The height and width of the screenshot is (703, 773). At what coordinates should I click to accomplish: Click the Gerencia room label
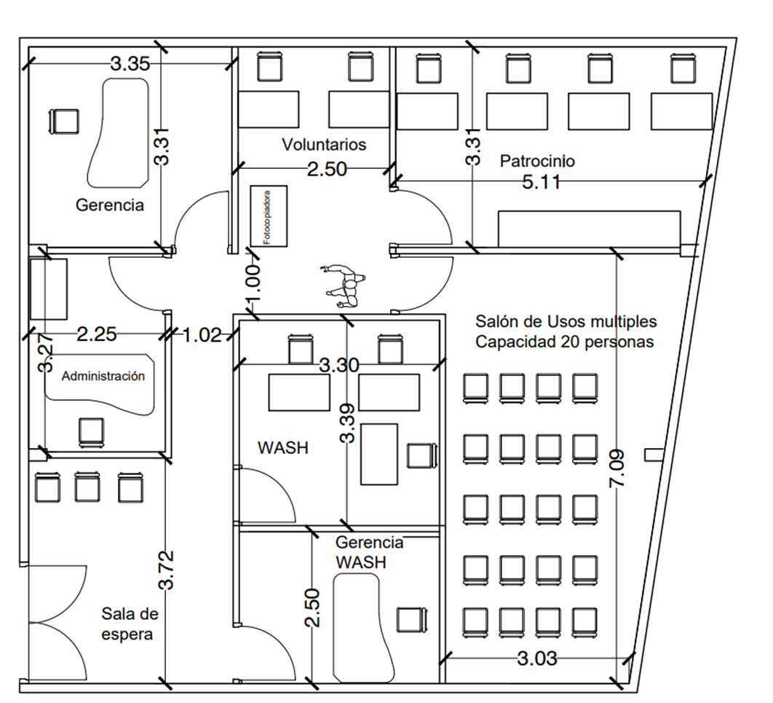(110, 205)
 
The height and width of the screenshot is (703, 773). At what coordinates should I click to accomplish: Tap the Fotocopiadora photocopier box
(268, 216)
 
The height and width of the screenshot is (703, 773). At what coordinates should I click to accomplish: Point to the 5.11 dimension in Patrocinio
(542, 182)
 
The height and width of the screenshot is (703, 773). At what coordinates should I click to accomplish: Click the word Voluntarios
(324, 144)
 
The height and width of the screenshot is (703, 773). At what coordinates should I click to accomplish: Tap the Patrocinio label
(537, 160)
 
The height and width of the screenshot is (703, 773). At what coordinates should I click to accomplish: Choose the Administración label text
(103, 377)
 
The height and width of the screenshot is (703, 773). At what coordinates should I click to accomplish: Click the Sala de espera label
(130, 624)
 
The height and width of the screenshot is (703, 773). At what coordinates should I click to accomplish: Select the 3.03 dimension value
(537, 659)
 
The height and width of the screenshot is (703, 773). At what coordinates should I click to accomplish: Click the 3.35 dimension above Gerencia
(130, 63)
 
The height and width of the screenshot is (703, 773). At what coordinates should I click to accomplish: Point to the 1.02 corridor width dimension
(202, 335)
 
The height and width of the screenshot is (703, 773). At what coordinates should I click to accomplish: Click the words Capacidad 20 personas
(565, 342)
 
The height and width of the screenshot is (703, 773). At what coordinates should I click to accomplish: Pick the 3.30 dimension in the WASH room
(339, 365)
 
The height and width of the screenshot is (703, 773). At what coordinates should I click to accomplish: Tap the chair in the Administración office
(91, 431)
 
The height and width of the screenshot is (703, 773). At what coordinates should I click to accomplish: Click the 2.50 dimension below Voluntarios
(326, 169)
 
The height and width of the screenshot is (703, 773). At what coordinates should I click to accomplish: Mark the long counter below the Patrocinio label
(589, 229)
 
